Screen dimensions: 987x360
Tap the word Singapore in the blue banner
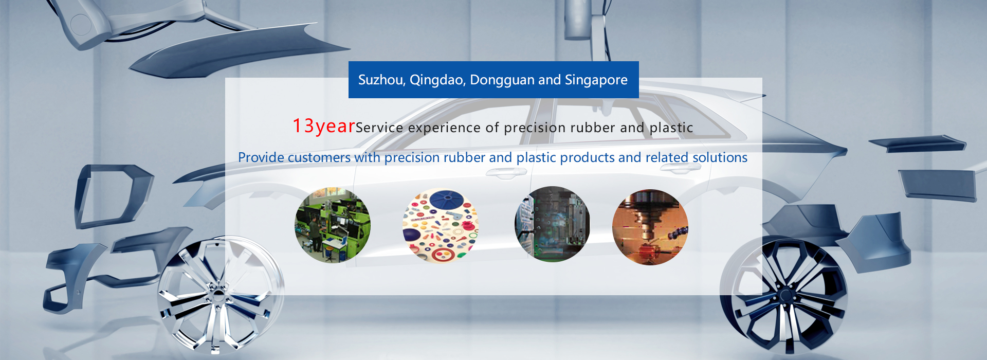tap(596, 80)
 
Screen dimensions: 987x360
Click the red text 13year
tap(324, 126)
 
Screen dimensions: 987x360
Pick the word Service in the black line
tap(379, 128)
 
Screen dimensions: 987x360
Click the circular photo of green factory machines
tap(333, 225)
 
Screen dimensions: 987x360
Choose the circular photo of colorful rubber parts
tap(441, 225)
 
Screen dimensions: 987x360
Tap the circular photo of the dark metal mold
tap(552, 224)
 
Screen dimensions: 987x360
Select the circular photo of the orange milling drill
tap(650, 227)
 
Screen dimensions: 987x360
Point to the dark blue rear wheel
tap(784, 296)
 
